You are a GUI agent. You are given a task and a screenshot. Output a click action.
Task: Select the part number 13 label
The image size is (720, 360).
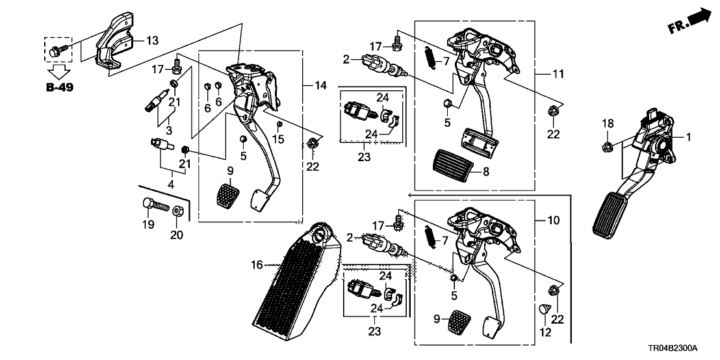[151, 40]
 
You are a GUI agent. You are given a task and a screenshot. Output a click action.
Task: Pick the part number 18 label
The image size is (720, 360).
[606, 123]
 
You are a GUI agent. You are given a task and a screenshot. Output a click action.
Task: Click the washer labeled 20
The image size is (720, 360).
[177, 212]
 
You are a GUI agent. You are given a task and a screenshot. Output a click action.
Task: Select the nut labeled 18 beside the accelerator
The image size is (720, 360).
[606, 145]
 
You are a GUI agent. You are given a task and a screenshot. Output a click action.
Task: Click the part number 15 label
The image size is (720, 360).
[279, 140]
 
